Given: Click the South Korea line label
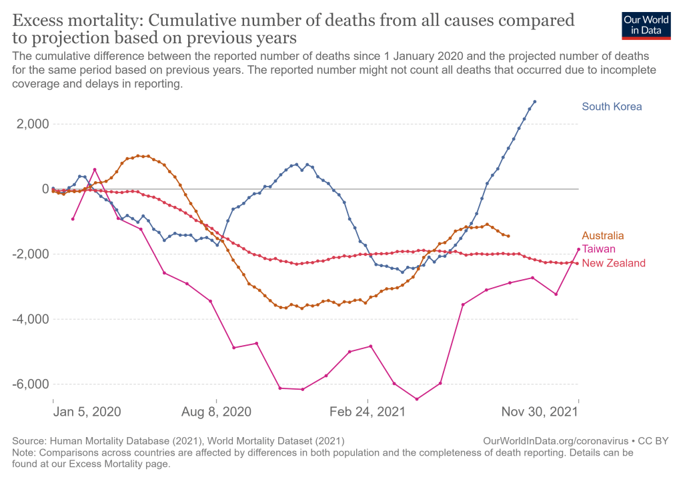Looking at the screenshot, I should [612, 107].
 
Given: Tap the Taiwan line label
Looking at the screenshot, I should [598, 248].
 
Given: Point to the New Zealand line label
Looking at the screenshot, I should [614, 263].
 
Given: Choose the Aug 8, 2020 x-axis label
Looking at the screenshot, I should [217, 412].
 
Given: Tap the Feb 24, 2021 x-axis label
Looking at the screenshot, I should [368, 412].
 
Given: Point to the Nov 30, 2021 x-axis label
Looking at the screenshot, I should [540, 412].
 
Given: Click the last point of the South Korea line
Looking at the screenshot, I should [535, 102].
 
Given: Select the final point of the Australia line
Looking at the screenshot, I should [508, 236].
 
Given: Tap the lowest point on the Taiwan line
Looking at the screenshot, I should [417, 399].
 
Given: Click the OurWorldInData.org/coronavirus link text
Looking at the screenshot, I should [555, 440].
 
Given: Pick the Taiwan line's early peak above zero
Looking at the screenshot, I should [95, 169].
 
